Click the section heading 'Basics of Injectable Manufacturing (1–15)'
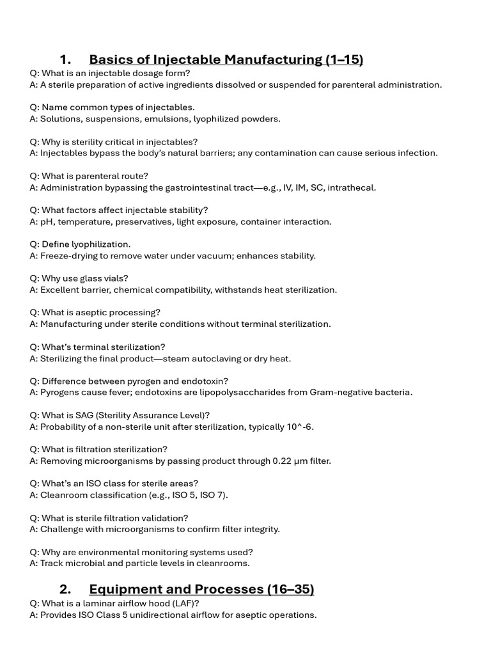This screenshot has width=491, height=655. [x=226, y=60]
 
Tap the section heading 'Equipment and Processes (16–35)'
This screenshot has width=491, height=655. [x=201, y=589]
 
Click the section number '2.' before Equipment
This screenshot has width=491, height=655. [x=65, y=589]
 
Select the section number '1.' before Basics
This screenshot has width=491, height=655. [x=65, y=60]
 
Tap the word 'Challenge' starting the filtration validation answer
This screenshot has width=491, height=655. [x=61, y=530]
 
